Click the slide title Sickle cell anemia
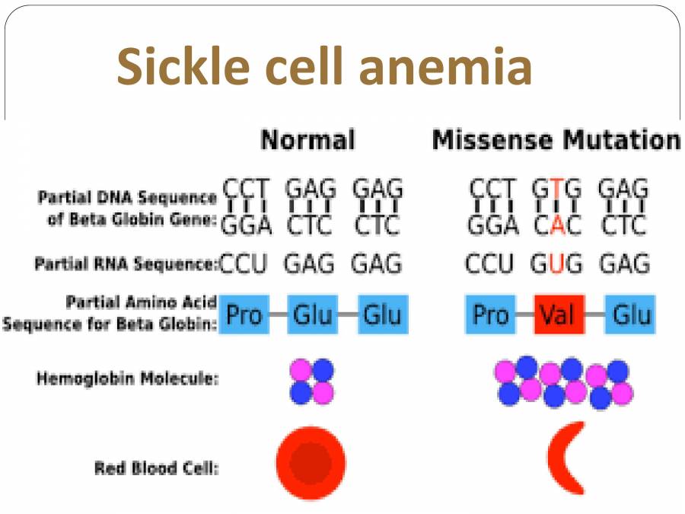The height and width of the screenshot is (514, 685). [x=323, y=66]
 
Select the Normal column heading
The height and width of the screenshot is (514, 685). [x=307, y=140]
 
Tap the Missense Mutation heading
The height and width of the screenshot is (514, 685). [x=556, y=140]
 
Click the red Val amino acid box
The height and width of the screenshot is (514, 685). [x=558, y=314]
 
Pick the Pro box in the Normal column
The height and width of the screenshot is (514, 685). [x=244, y=314]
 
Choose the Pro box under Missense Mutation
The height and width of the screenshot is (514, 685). [x=490, y=314]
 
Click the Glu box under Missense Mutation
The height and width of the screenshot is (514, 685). [x=631, y=314]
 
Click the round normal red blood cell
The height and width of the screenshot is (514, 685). [x=311, y=463]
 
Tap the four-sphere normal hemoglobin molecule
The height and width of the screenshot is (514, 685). [x=312, y=382]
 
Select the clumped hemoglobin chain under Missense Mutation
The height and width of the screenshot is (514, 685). [x=564, y=382]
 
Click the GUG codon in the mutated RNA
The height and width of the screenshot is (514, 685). [x=556, y=264]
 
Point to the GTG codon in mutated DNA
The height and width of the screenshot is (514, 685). [x=557, y=187]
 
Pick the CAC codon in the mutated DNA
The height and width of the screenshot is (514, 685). [x=557, y=225]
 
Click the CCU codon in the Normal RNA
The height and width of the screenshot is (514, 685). [x=244, y=264]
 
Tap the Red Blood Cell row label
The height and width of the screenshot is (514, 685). [x=156, y=468]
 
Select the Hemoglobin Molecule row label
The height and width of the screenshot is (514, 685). [x=127, y=378]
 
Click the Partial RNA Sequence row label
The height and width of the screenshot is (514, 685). [x=126, y=265]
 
